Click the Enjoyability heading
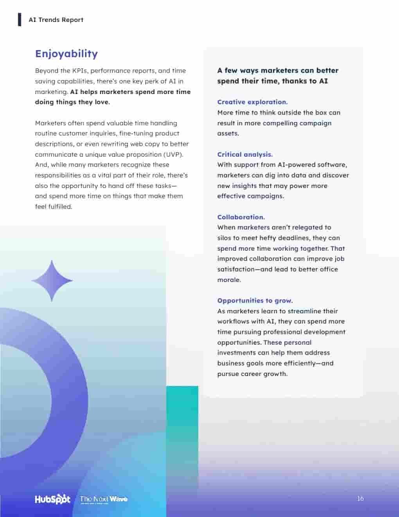(x=66, y=54)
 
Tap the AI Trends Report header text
(x=56, y=20)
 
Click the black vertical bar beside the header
(x=20, y=20)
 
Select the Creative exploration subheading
(x=252, y=102)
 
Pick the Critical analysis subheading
(x=245, y=154)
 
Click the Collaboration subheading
(x=241, y=217)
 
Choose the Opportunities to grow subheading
(x=255, y=300)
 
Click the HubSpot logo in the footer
(x=52, y=499)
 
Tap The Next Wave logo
(x=104, y=499)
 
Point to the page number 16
(x=360, y=499)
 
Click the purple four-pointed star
(x=52, y=280)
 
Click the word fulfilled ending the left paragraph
(x=60, y=206)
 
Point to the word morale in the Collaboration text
(x=229, y=280)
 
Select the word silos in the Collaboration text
(x=225, y=238)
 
